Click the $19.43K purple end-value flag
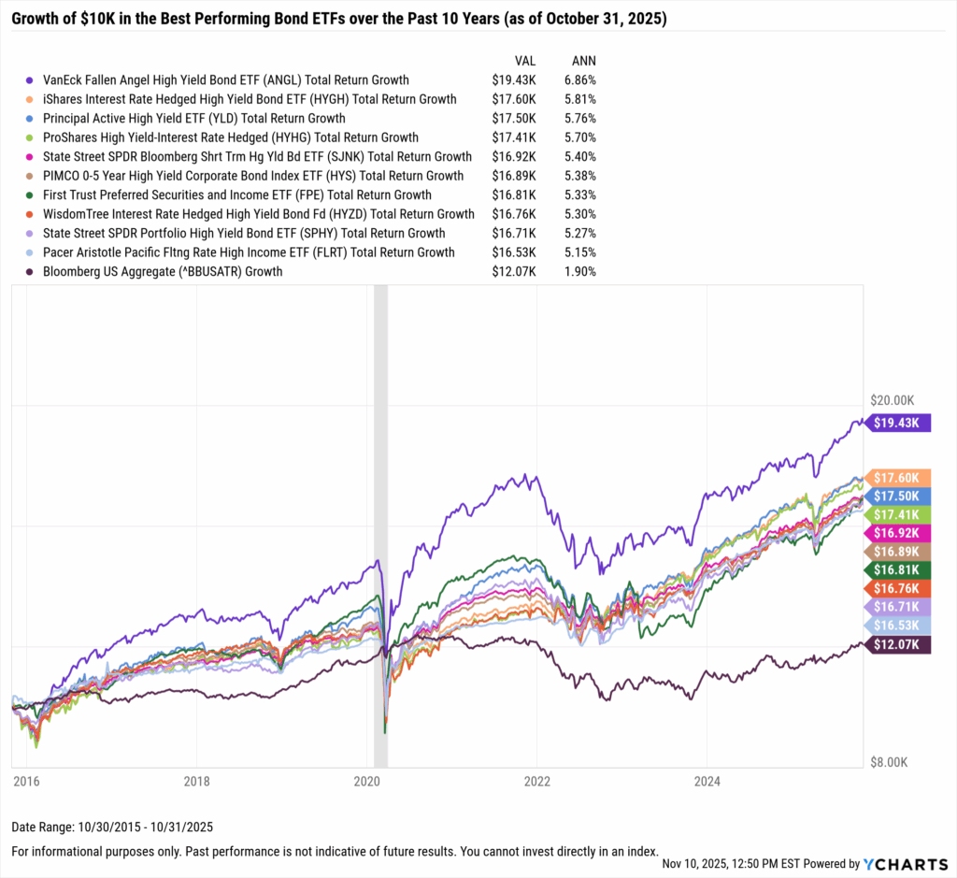tap(900, 423)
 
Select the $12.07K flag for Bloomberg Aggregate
tap(900, 643)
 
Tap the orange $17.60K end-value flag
tap(900, 478)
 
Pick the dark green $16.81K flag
tap(900, 569)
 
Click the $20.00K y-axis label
tap(894, 399)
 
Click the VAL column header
tap(523, 61)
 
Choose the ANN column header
tap(582, 61)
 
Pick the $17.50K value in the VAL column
tap(513, 119)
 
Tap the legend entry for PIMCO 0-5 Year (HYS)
tap(253, 176)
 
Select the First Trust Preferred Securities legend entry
tap(237, 195)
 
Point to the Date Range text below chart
tap(98, 828)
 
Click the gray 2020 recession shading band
tap(380, 524)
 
